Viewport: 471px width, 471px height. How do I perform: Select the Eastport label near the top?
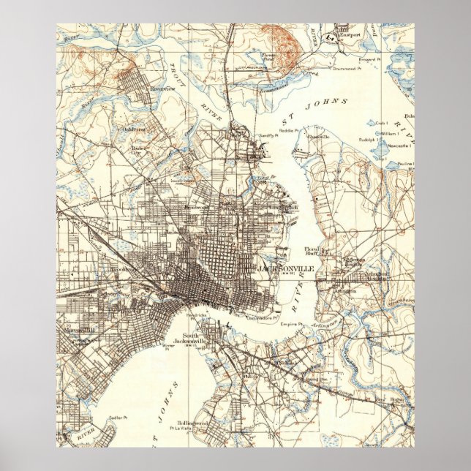pyautogui.click(x=350, y=34)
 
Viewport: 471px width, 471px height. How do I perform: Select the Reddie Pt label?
pyautogui.click(x=289, y=130)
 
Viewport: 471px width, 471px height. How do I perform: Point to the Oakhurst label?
pyautogui.click(x=134, y=130)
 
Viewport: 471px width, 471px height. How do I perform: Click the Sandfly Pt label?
pyautogui.click(x=268, y=136)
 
